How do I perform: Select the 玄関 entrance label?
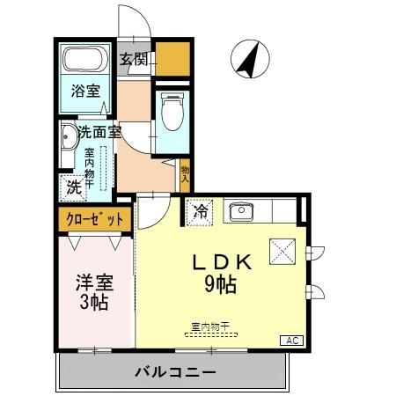(x=134, y=61)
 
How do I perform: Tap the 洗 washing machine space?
(x=73, y=187)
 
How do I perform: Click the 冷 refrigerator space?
(x=201, y=211)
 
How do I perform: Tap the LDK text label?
(x=223, y=262)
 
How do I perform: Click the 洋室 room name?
(x=92, y=283)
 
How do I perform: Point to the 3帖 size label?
(x=92, y=304)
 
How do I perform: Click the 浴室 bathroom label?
(x=85, y=91)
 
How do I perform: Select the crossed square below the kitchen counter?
(x=283, y=252)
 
